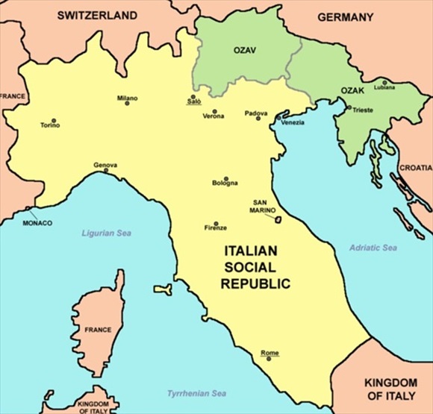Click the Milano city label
[127, 98]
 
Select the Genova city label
[105, 165]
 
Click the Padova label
[255, 113]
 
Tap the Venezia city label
[293, 122]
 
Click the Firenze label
[215, 228]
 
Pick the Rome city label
[270, 353]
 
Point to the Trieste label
[364, 110]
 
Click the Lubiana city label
[385, 88]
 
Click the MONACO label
[37, 223]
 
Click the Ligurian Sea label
[107, 233]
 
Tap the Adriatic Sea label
[373, 248]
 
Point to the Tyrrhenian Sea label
[197, 393]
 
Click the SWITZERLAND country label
[98, 15]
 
